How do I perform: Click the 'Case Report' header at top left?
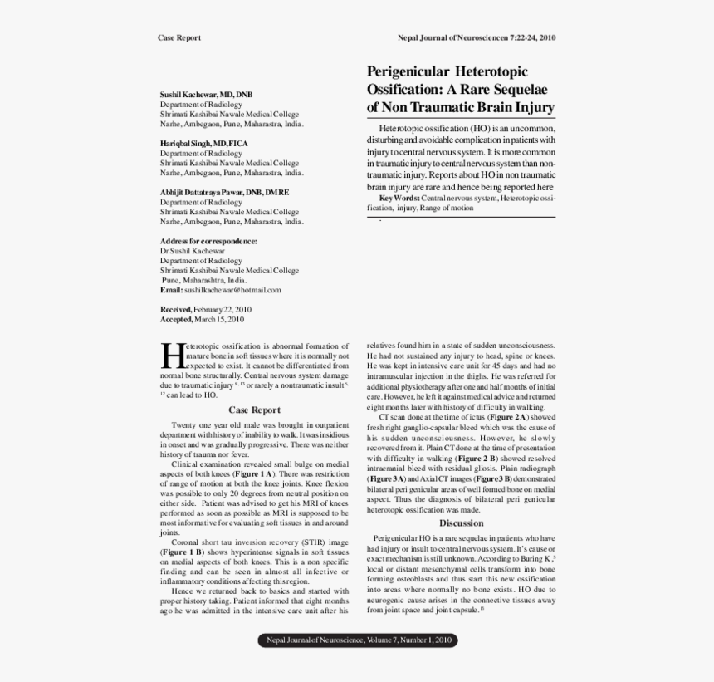(x=178, y=38)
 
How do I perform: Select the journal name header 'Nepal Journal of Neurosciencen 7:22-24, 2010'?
(x=477, y=38)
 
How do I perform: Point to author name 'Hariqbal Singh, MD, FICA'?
(x=203, y=144)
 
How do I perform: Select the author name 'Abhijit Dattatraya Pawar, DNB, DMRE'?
(x=224, y=193)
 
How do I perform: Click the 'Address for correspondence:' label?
(x=208, y=241)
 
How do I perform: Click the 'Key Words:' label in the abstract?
(x=399, y=199)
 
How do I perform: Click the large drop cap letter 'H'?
(x=171, y=354)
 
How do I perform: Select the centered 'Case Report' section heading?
(x=254, y=410)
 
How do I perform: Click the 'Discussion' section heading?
(x=461, y=523)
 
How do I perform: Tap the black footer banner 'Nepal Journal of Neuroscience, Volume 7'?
(x=358, y=640)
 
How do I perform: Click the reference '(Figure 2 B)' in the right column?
(x=477, y=458)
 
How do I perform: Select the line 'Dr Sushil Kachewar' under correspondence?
(x=192, y=251)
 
